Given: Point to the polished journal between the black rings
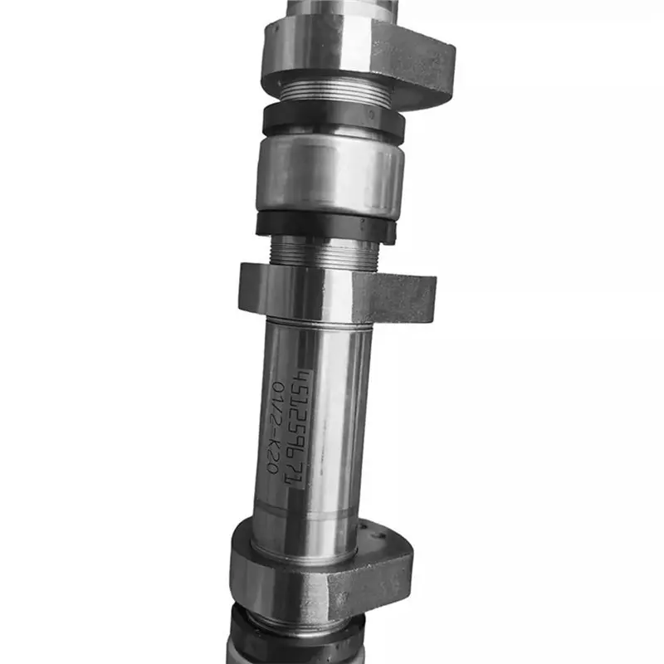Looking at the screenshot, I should [x=330, y=173].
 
